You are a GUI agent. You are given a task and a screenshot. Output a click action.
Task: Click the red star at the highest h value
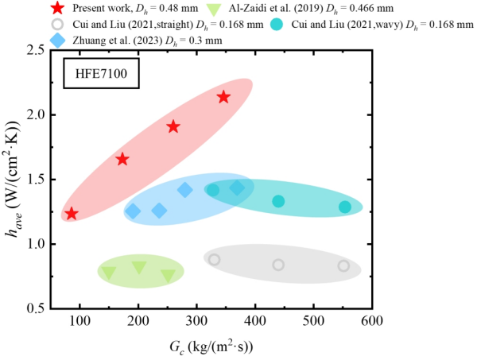223,97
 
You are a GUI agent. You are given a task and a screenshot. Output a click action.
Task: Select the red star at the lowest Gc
72,213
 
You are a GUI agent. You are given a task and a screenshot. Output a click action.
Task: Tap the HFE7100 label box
99,77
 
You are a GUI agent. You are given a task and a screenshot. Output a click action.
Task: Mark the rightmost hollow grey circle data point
343,265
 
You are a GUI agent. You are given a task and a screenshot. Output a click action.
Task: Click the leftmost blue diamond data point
134,211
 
